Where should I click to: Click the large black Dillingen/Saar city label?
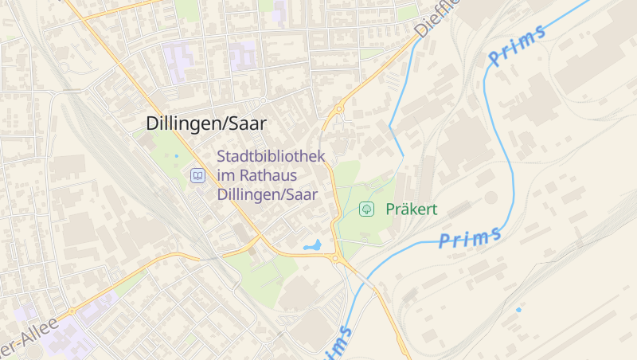206,123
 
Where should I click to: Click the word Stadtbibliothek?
271,156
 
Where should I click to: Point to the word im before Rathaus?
226,175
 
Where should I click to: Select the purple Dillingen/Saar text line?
267,194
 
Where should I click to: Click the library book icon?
197,175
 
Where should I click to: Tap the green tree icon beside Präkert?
367,209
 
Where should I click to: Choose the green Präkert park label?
412,209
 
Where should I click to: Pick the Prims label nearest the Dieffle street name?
518,45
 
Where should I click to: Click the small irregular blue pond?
312,246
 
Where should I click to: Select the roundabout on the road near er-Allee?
72,311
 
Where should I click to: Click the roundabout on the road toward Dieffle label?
339,109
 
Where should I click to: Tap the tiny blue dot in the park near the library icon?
176,155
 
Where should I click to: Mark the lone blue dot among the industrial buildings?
518,309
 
